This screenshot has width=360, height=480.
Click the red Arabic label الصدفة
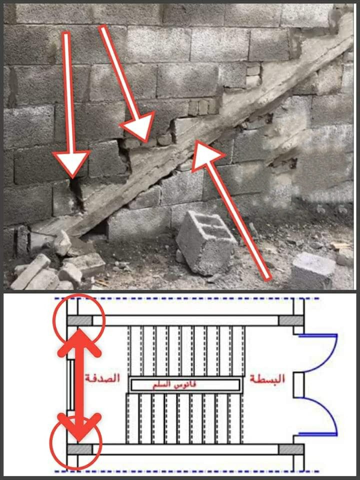tap(102, 378)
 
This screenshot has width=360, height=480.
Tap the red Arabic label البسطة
tap(267, 378)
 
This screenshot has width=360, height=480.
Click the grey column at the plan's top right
tap(291, 320)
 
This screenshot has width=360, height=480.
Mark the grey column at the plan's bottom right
tap(291, 449)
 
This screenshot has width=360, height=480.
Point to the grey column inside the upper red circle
tap(79, 320)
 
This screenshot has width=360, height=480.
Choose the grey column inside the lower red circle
tap(79, 449)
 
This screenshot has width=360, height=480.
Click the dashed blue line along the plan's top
tap(186, 298)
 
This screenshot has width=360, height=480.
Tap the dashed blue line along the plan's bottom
tap(186, 471)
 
